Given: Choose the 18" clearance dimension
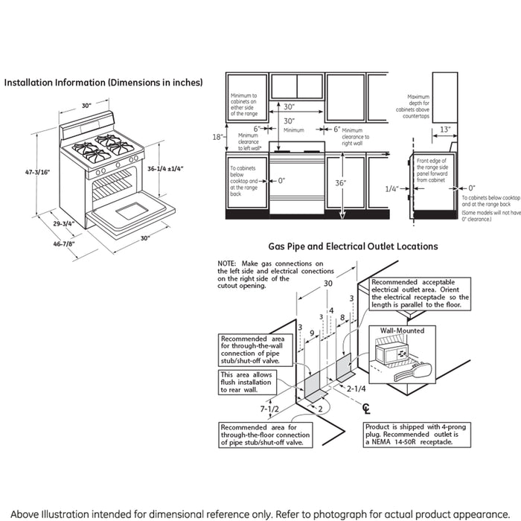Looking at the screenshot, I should (216, 137).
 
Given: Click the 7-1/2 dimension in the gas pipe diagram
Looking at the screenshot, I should (270, 409).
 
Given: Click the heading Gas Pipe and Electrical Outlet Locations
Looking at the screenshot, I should (353, 246).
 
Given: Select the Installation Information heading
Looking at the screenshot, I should (103, 83).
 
